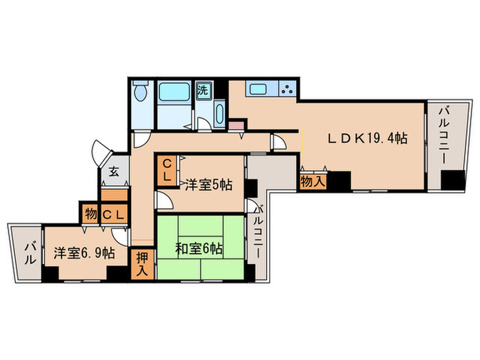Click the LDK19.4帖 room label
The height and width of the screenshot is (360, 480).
pyautogui.click(x=367, y=138)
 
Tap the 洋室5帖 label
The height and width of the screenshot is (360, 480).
pyautogui.click(x=208, y=184)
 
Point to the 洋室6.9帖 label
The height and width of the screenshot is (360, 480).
pyautogui.click(x=81, y=252)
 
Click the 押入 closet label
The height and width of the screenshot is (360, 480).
pyautogui.click(x=142, y=263)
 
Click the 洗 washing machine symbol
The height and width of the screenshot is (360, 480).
pyautogui.click(x=204, y=89)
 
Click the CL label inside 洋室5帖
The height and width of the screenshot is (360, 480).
pyautogui.click(x=167, y=169)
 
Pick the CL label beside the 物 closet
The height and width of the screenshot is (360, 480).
pyautogui.click(x=112, y=214)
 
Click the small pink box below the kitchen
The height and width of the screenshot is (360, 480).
pyautogui.click(x=236, y=125)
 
